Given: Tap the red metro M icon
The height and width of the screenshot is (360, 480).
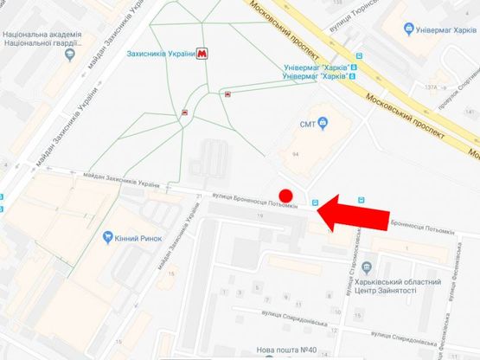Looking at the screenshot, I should [x=202, y=53].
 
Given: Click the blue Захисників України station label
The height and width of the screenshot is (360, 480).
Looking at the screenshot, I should [x=159, y=53].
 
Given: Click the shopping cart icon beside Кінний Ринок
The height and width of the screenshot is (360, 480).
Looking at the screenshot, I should [x=106, y=236].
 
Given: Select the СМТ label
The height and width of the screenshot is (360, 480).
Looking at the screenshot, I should [x=310, y=123].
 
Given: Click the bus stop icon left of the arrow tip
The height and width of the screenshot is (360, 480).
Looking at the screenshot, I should [x=316, y=202].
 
